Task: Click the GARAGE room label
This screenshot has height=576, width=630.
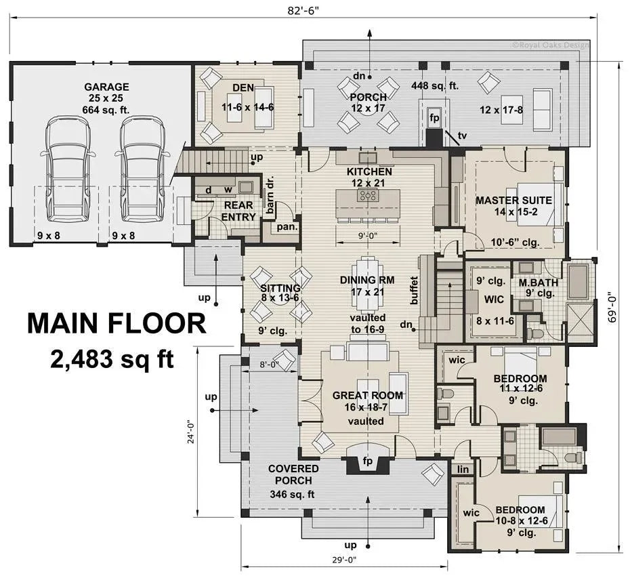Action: pos(106,87)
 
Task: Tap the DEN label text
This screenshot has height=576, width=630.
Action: pos(243,87)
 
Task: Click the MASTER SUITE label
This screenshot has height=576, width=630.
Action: pos(513,201)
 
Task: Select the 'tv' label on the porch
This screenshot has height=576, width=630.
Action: pos(462,136)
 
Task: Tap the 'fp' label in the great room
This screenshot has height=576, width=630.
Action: pos(368,461)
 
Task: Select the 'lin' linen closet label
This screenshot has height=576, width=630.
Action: pos(463,468)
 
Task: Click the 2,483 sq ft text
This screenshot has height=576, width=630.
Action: pos(112,358)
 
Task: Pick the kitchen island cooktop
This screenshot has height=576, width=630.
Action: pos(369,197)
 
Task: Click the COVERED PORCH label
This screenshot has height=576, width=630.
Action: pos(293,475)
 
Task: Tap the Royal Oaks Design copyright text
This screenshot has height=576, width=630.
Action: pos(551,46)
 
